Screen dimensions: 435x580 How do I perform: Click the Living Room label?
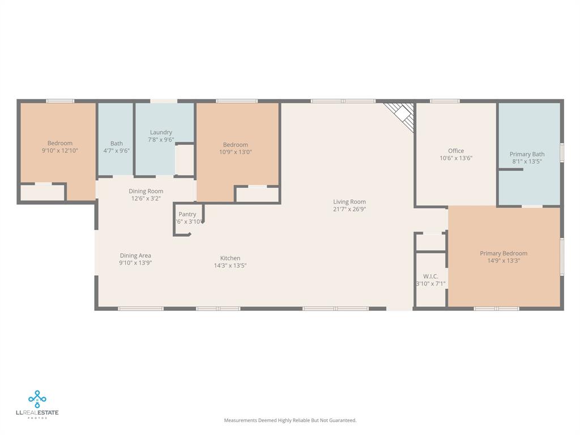pos(349,202)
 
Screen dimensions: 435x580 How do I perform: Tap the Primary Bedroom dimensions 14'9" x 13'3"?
pos(504,261)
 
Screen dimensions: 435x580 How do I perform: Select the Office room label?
pos(456,151)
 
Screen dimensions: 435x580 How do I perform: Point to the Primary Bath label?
pos(527,154)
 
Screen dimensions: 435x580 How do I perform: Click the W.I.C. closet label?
pos(430,276)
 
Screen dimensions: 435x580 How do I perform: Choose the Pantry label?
pos(187,214)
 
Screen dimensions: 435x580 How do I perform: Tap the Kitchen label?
pos(230,258)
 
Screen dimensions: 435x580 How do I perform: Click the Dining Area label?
pos(135,255)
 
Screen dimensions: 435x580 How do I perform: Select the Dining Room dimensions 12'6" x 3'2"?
pos(147,199)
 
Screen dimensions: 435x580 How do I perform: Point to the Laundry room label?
pos(161,133)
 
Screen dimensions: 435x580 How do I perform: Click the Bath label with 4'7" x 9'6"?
pos(116,144)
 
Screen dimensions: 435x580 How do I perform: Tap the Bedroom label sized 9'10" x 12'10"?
pos(59,143)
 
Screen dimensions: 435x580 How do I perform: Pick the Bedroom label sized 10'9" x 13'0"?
pos(235,145)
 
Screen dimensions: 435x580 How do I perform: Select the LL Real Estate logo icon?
pos(37,399)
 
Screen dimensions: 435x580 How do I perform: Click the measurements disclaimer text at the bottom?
pos(290,420)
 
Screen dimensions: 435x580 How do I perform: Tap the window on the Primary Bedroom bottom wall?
pos(496,309)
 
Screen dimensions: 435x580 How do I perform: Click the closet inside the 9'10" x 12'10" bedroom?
pos(42,193)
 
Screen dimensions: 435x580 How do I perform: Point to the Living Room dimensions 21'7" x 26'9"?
pos(349,209)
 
